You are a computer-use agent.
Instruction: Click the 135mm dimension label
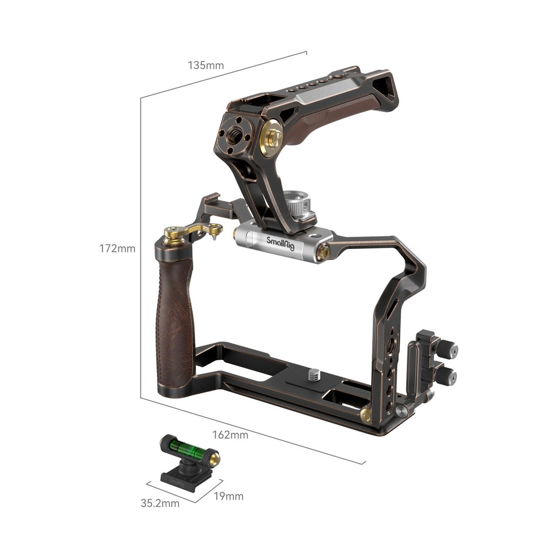pyautogui.click(x=206, y=66)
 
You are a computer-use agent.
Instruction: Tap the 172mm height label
pyautogui.click(x=117, y=248)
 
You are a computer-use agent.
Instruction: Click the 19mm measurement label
pyautogui.click(x=228, y=496)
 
